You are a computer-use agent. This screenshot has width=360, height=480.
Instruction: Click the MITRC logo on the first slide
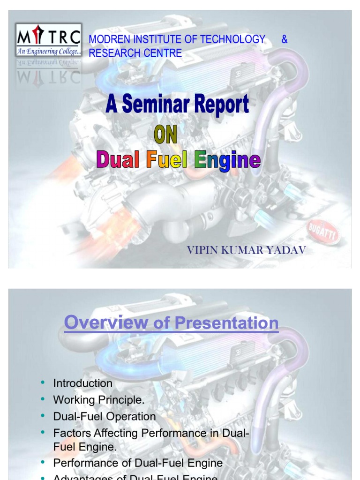(x=48, y=40)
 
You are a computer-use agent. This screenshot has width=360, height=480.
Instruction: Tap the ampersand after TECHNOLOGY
(x=284, y=39)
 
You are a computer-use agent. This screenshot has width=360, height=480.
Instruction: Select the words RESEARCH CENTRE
(x=135, y=53)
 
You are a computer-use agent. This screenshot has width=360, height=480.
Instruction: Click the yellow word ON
(x=165, y=135)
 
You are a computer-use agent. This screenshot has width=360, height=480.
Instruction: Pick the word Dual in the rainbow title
(x=118, y=160)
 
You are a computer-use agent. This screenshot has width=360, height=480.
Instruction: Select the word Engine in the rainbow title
(x=227, y=161)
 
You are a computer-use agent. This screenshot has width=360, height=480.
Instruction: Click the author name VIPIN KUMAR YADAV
(x=246, y=250)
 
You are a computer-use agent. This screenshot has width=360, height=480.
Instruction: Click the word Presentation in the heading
(x=226, y=323)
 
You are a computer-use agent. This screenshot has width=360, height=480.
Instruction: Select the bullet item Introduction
(x=82, y=383)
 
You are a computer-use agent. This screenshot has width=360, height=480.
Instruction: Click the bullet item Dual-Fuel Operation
(x=104, y=417)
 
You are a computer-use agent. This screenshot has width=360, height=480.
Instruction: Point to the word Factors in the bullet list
(x=69, y=433)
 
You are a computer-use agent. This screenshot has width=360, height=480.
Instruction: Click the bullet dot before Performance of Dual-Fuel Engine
(x=43, y=462)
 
